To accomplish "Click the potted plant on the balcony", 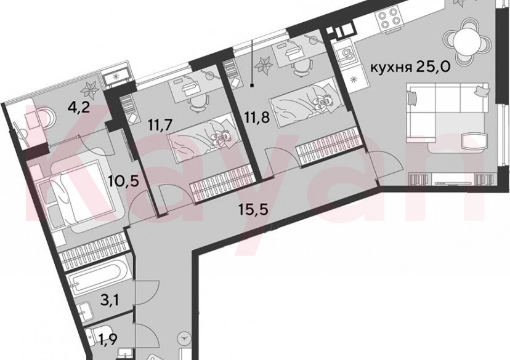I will coord(92,89).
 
